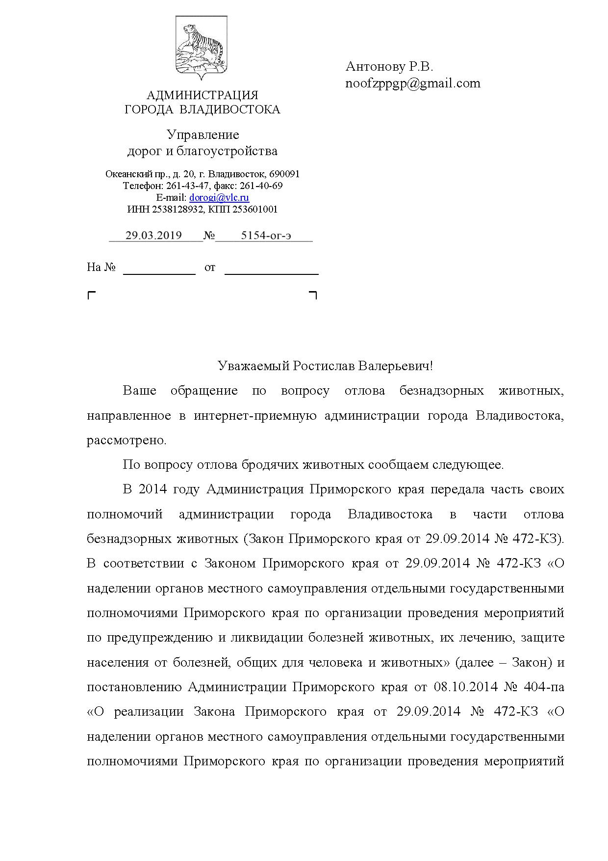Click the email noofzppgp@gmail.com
pyautogui.click(x=413, y=83)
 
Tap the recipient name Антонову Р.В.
pyautogui.click(x=389, y=66)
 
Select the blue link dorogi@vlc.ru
pyautogui.click(x=219, y=198)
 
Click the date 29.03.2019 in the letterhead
pyautogui.click(x=153, y=235)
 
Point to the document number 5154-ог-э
pyautogui.click(x=266, y=235)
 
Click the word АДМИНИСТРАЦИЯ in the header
pyautogui.click(x=202, y=95)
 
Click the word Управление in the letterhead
pyautogui.click(x=203, y=135)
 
